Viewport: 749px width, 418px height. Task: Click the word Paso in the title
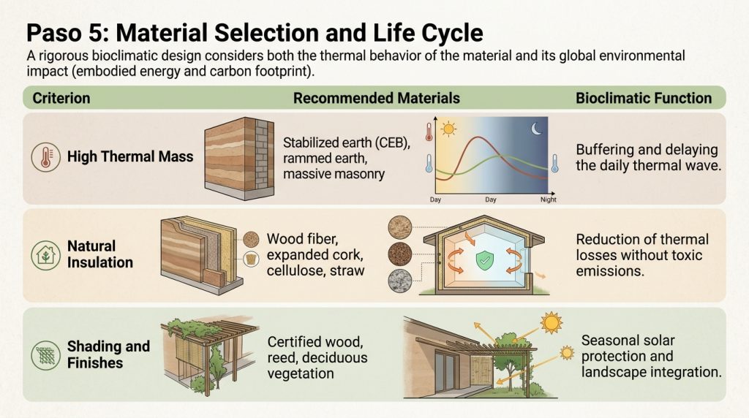(53, 33)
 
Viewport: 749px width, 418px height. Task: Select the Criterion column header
(61, 99)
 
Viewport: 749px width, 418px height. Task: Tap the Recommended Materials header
(377, 99)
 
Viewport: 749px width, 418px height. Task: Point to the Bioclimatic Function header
(644, 99)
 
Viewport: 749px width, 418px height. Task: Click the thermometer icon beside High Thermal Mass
(46, 157)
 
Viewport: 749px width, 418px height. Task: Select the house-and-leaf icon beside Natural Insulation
(46, 255)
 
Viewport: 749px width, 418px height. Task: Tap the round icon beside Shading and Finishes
(46, 355)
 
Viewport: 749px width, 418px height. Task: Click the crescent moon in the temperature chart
(537, 129)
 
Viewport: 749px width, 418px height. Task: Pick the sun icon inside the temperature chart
(448, 129)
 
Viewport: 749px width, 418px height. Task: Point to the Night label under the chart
(549, 199)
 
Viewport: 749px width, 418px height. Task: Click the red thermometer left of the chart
(429, 132)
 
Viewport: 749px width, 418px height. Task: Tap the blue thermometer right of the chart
(554, 163)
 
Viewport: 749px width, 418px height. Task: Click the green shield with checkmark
(485, 261)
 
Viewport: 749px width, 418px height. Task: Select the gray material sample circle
(400, 281)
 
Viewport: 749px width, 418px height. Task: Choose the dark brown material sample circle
(400, 254)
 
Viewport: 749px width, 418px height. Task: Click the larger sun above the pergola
(552, 323)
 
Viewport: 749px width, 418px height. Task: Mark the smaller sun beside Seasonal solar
(567, 353)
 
